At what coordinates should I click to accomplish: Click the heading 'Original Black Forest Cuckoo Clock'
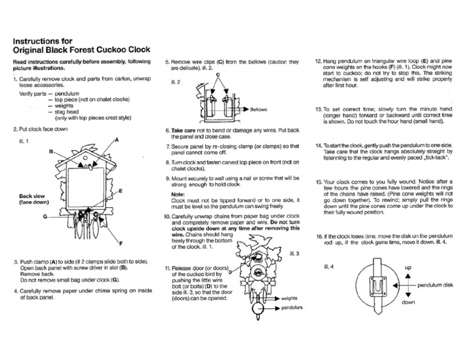click(x=82, y=50)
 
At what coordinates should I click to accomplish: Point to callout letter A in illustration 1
click(x=116, y=139)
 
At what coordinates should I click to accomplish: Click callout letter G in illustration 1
click(x=45, y=216)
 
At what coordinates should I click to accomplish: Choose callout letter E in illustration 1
click(x=121, y=190)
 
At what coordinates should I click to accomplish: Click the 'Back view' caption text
click(x=31, y=196)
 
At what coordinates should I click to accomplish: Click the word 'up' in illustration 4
click(x=408, y=267)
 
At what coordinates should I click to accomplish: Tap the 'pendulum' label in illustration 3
click(x=292, y=308)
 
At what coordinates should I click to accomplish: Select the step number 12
click(x=318, y=62)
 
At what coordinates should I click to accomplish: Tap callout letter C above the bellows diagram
click(x=217, y=74)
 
